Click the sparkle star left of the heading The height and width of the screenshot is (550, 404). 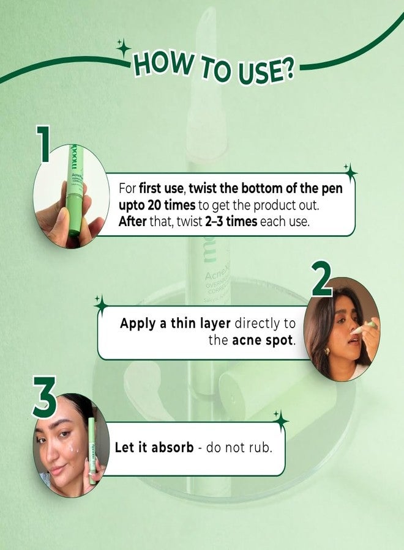click(124, 48)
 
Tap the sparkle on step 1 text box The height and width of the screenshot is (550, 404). click(350, 172)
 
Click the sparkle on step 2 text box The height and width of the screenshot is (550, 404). click(101, 303)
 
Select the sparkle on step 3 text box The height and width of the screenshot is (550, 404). click(280, 420)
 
